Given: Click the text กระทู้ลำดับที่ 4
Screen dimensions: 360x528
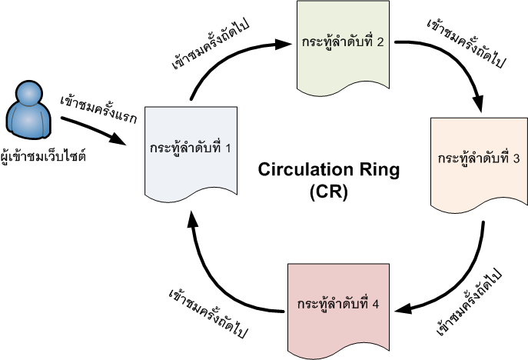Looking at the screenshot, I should click(338, 302).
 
